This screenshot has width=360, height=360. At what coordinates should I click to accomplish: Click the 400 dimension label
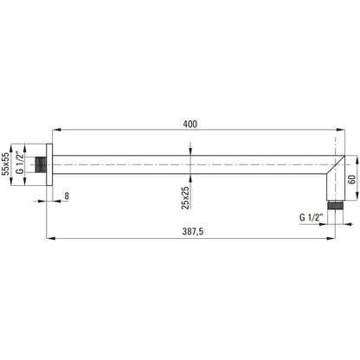coord(190,124)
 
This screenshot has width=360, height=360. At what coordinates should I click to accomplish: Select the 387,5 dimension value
coord(193,232)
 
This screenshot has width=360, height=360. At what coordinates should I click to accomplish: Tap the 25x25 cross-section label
coord(185,197)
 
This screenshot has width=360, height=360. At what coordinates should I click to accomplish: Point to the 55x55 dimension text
coord(5,164)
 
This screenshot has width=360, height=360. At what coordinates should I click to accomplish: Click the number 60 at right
coord(352,179)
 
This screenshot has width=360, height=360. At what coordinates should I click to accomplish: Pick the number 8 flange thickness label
coord(67,196)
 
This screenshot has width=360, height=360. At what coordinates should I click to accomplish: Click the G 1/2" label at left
coord(20,163)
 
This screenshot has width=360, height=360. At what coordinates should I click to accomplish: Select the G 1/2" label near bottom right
coord(311,217)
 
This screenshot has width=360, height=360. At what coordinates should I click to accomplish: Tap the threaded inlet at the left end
coord(41,164)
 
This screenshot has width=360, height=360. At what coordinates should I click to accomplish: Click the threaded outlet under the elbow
coord(335,205)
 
